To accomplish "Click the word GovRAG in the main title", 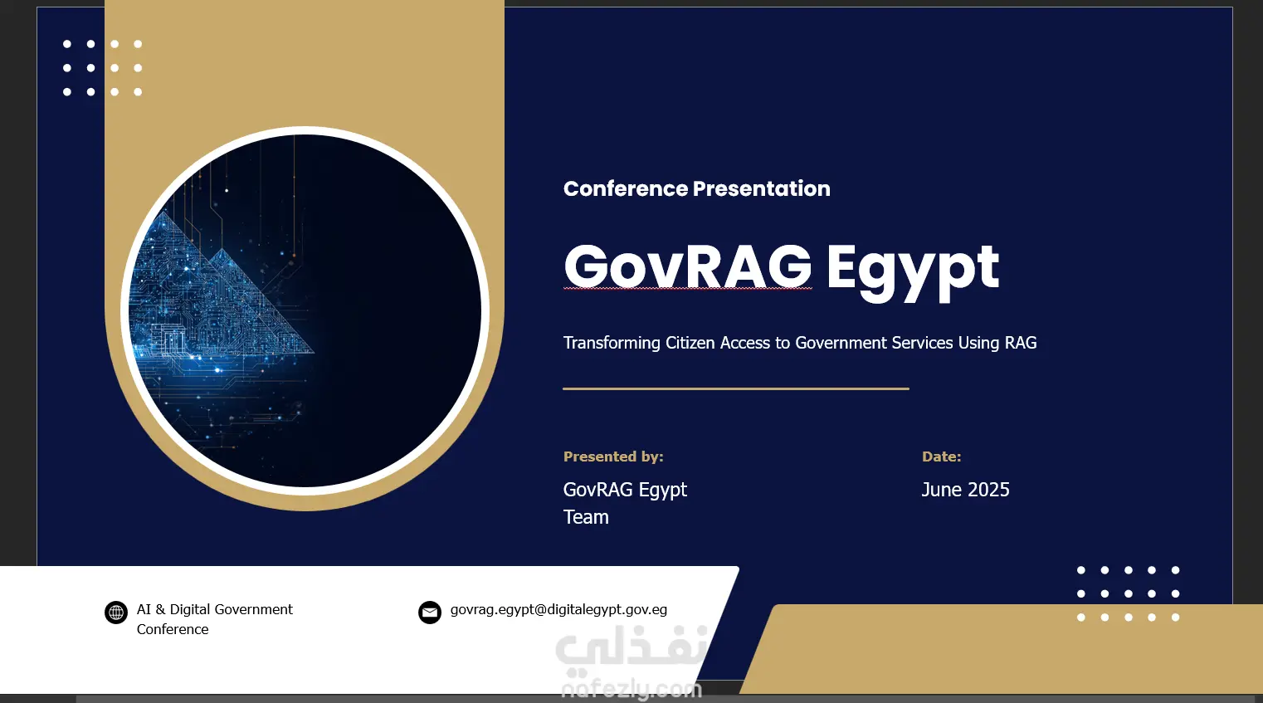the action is pos(687,267).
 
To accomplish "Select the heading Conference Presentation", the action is pos(697,189).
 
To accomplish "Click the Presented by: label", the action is pos(613,456).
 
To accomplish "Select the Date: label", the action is pos(942,456).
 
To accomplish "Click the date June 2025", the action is pos(966,490).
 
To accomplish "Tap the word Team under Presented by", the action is pos(586,517).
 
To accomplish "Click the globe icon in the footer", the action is pos(116,613).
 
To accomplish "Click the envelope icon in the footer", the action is pos(430,613).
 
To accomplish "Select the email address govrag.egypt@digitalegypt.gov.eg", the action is pos(558,610).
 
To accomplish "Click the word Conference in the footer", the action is pos(173,629).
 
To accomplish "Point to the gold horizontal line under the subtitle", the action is pos(736,388).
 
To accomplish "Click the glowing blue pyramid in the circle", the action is pos(226,293).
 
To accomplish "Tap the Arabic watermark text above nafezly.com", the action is pos(631,649).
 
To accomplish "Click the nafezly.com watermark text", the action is pos(631,690).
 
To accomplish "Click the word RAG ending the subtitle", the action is pos(1022,343).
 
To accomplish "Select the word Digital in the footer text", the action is pos(190,609).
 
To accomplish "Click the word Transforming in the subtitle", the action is pos(612,343).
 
